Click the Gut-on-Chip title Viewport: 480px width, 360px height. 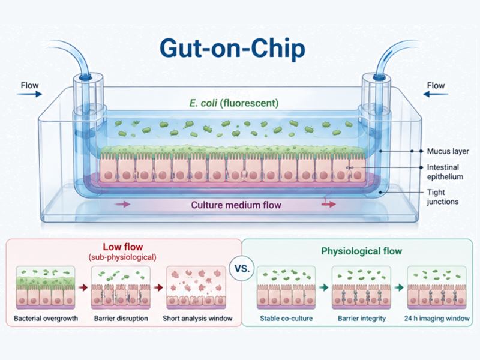(232, 49)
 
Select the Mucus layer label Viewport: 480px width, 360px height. (448, 151)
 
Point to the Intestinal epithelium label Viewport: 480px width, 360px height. (445, 172)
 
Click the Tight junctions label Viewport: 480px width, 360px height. (443, 197)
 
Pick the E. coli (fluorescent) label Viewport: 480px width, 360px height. (234, 103)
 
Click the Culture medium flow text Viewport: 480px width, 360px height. (236, 205)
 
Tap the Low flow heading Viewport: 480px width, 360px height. (123, 247)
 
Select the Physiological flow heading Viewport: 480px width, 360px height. (361, 251)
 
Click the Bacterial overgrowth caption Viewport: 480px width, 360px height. (46, 319)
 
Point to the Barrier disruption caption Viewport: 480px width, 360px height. (121, 319)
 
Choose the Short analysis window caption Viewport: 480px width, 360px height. (197, 319)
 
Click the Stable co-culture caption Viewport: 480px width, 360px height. (286, 319)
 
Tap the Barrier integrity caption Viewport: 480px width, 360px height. (362, 319)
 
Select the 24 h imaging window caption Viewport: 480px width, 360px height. (437, 319)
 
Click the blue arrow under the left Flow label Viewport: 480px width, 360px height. (29, 94)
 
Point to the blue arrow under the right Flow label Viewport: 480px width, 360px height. (436, 94)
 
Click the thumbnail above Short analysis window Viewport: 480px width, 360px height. (196, 287)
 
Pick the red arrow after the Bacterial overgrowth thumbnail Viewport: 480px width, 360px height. (83, 287)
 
